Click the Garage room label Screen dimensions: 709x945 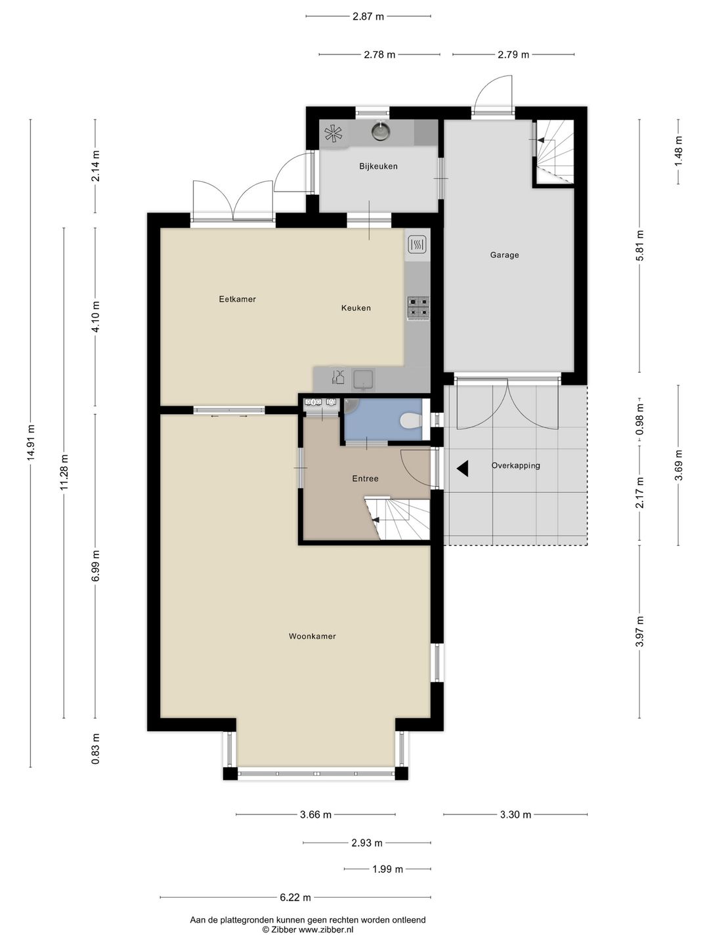pyautogui.click(x=504, y=255)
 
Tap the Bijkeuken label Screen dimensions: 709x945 pyautogui.click(x=378, y=166)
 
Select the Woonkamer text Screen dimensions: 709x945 pyautogui.click(x=312, y=636)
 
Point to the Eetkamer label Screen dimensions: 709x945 pyautogui.click(x=237, y=299)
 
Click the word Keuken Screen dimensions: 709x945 pyautogui.click(x=356, y=308)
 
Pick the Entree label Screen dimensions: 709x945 pyautogui.click(x=365, y=478)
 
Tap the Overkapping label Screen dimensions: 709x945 pyautogui.click(x=516, y=465)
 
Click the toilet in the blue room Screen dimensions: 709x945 pyautogui.click(x=411, y=421)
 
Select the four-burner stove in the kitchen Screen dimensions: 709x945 pyautogui.click(x=418, y=308)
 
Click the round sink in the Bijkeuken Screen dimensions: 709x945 pyautogui.click(x=380, y=131)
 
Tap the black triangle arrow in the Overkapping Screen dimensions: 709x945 pyautogui.click(x=463, y=469)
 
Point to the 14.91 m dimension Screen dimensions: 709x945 pyautogui.click(x=31, y=442)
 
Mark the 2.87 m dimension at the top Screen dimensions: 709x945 pyautogui.click(x=368, y=16)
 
